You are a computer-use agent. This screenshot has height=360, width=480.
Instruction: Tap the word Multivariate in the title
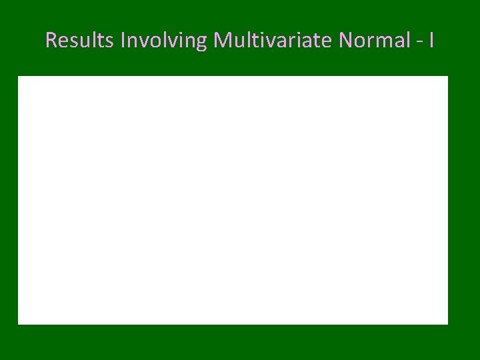click(273, 41)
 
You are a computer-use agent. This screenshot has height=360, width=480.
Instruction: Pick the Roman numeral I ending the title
click(432, 41)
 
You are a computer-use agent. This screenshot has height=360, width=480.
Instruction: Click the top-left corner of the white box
click(18, 77)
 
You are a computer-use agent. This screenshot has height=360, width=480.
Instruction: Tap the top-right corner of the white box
click(447, 77)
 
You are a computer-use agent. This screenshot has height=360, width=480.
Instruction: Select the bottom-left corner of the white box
click(18, 324)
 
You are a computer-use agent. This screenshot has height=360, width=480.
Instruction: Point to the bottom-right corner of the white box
click(447, 324)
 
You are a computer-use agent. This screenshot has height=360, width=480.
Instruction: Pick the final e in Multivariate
click(327, 43)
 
